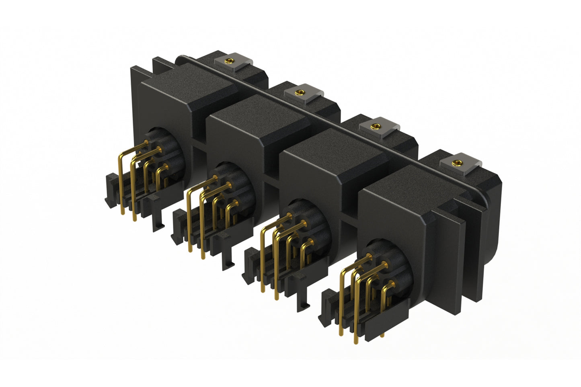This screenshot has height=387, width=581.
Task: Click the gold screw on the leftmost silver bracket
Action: [230, 61]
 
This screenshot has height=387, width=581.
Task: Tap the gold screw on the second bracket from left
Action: [299, 92]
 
